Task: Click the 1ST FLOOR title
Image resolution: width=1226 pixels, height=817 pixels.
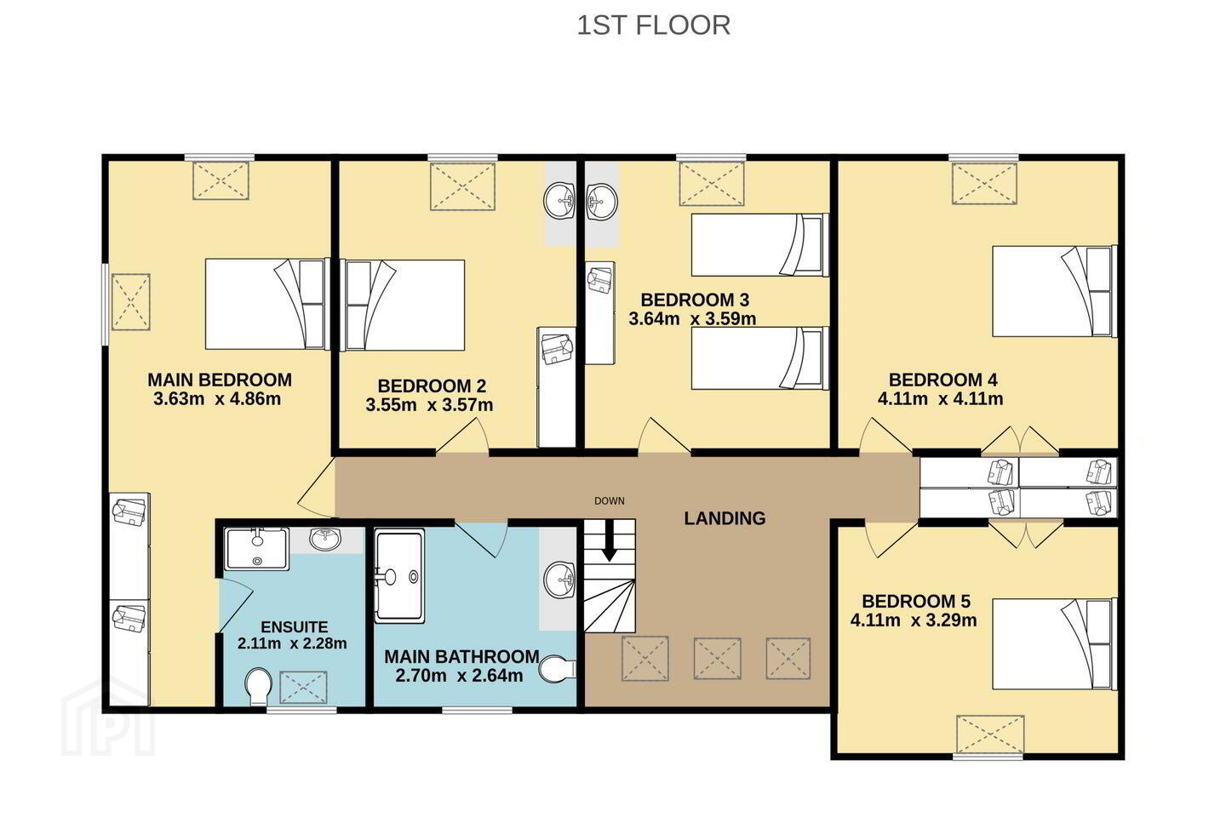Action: click(654, 26)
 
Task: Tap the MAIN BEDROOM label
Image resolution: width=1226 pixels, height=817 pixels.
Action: click(220, 380)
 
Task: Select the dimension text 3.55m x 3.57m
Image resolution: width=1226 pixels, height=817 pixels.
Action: click(429, 405)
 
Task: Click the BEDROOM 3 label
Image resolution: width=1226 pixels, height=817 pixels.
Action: click(695, 300)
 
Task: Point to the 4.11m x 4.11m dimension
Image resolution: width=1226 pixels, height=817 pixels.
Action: click(940, 398)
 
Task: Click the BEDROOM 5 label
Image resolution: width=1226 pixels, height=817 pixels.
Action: click(916, 602)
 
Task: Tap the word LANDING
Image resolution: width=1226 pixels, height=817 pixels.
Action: click(725, 518)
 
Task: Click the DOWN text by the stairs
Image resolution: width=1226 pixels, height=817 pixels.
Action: click(610, 500)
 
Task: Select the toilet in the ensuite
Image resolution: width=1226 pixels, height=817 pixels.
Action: click(258, 687)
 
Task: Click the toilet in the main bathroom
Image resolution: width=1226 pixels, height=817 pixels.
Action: click(557, 669)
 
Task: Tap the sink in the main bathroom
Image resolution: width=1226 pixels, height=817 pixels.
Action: click(559, 580)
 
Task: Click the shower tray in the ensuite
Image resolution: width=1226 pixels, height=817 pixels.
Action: click(257, 550)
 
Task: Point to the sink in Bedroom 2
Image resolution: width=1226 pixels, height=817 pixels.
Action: click(559, 201)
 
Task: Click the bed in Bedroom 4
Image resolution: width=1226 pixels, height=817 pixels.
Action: click(1054, 291)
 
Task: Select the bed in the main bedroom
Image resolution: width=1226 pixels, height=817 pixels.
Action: click(267, 304)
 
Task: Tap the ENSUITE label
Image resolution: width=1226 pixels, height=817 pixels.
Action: click(294, 627)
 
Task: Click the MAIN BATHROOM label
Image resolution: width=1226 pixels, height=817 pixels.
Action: click(461, 657)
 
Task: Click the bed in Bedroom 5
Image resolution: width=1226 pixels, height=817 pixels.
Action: click(1054, 643)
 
